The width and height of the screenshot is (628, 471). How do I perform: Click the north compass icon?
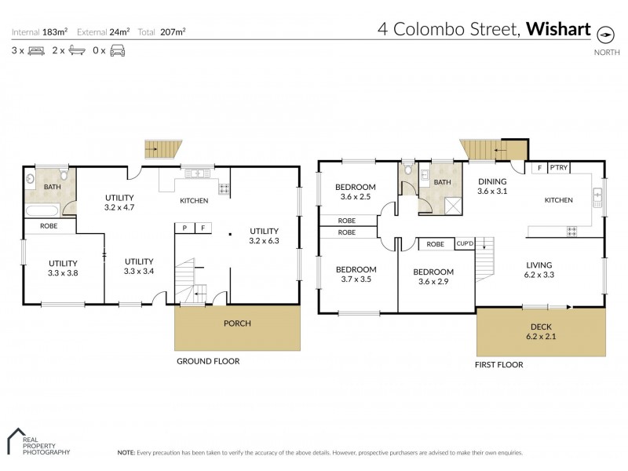click(x=605, y=35)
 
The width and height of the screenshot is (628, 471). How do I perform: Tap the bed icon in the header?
click(x=36, y=51)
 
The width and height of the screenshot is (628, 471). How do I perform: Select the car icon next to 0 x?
click(x=117, y=51)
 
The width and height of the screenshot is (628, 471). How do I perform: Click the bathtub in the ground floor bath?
click(x=42, y=210)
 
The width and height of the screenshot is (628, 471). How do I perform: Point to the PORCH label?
click(x=237, y=323)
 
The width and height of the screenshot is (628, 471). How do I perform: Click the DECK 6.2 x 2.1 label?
click(x=541, y=331)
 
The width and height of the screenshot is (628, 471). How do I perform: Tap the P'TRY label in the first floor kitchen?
click(x=559, y=167)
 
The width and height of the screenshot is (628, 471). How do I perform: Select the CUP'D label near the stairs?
click(x=465, y=243)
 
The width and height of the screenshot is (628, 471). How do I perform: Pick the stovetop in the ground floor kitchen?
click(x=224, y=189)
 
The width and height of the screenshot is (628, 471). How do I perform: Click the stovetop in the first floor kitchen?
click(x=571, y=231)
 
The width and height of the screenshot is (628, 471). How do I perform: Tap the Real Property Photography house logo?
click(x=16, y=441)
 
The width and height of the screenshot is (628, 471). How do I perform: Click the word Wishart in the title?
click(x=558, y=29)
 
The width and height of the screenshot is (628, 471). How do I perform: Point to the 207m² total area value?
click(x=173, y=31)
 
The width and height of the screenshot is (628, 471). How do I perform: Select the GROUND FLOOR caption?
click(x=208, y=361)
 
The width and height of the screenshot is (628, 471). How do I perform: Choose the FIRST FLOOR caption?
click(x=498, y=365)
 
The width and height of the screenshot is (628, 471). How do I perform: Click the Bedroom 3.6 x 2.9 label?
click(x=433, y=277)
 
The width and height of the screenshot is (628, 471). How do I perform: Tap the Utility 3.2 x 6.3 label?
click(x=264, y=236)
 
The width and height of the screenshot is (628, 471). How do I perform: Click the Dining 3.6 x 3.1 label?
click(x=492, y=186)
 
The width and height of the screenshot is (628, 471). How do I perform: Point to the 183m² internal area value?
click(x=55, y=31)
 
